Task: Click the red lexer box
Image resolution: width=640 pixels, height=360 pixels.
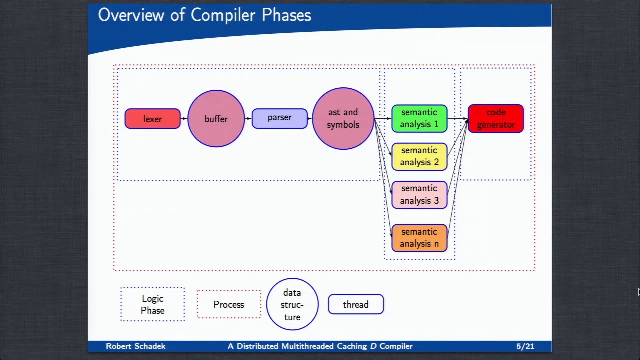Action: [152, 119]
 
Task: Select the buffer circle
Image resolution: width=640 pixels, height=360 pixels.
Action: [216, 119]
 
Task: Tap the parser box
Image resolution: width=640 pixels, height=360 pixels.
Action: [279, 118]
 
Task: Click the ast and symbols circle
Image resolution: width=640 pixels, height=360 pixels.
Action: [343, 119]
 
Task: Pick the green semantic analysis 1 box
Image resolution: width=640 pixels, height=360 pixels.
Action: [419, 118]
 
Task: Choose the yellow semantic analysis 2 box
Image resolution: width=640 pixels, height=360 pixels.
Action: [419, 156]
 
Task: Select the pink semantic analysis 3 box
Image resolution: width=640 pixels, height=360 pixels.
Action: [419, 194]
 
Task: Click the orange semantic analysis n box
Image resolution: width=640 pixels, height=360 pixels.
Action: [419, 238]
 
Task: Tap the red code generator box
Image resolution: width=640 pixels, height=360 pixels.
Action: [495, 118]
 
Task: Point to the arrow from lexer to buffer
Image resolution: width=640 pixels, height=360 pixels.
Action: [184, 118]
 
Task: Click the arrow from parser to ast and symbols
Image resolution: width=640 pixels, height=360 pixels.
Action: [310, 118]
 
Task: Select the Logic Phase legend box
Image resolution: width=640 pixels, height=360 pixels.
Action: [152, 304]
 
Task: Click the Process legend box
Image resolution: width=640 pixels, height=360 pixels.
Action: [228, 304]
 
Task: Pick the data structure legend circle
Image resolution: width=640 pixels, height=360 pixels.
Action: [292, 304]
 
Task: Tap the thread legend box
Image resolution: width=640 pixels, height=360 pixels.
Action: [355, 304]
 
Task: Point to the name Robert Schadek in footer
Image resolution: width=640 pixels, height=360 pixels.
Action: [135, 346]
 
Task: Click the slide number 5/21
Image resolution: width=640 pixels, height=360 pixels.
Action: [525, 346]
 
